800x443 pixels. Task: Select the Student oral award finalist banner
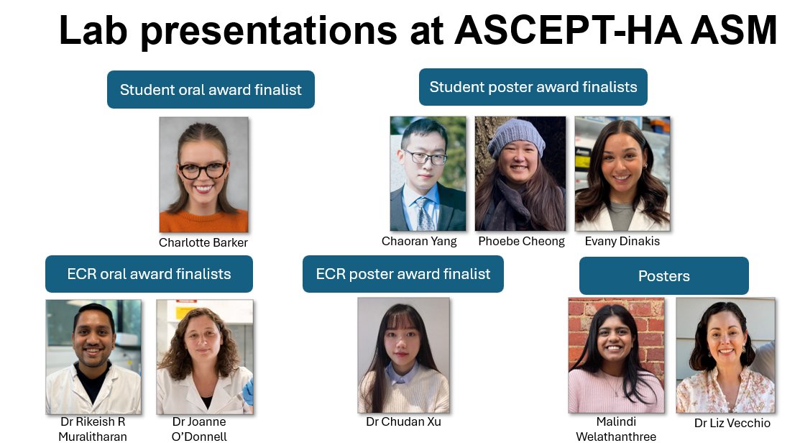[211, 90]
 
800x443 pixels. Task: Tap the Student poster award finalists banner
[533, 87]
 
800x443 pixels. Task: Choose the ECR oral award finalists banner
[149, 274]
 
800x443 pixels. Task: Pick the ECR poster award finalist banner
[403, 274]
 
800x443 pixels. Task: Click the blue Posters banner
[663, 276]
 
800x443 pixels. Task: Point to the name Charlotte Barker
[203, 242]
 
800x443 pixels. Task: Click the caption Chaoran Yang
[420, 241]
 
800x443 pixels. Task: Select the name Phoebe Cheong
[521, 241]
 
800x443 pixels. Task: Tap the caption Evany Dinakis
[622, 241]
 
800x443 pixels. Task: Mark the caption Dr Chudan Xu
[403, 421]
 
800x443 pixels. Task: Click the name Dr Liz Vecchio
[732, 423]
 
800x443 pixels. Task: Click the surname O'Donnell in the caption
[199, 437]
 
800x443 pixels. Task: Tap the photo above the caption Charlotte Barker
[203, 175]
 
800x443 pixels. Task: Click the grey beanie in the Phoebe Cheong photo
[516, 137]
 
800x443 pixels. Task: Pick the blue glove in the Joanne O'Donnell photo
[247, 393]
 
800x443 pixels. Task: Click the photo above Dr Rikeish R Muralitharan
[93, 357]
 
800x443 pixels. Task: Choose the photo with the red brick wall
[616, 355]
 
